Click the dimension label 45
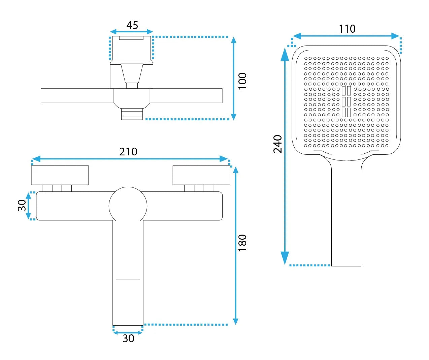coord(132,25)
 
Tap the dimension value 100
coord(242,81)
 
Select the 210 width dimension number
coord(128,152)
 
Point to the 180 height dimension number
coord(242,243)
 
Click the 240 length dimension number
coord(277,144)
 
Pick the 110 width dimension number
coord(347,29)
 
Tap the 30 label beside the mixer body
coord(22,205)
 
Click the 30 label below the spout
coord(128,338)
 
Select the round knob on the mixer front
coord(128,206)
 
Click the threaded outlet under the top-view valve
coord(132,114)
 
